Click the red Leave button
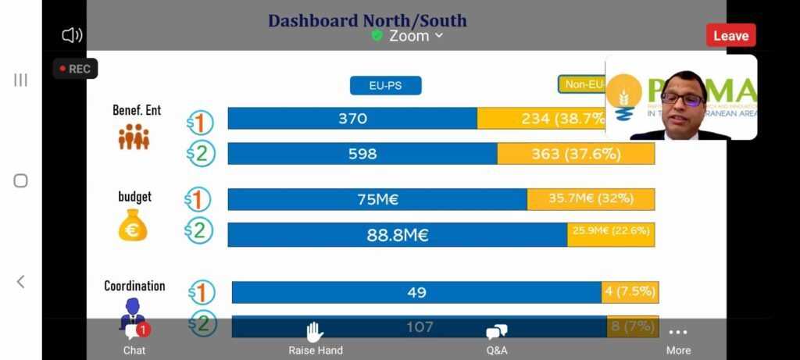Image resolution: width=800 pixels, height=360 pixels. tap(730, 35)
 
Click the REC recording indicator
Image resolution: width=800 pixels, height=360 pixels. tap(75, 69)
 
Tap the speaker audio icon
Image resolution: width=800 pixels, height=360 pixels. tap(72, 35)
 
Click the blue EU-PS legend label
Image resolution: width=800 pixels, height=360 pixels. tap(385, 85)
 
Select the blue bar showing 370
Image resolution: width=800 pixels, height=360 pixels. tap(352, 119)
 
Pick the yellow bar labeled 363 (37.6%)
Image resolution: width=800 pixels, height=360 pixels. tap(576, 154)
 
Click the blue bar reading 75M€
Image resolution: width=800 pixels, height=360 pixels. tap(377, 199)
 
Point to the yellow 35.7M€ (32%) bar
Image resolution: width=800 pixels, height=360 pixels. tap(590, 199)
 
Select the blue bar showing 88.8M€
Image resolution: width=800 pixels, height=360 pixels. tap(397, 234)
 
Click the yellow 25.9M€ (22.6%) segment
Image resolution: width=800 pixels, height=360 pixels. tap(611, 234)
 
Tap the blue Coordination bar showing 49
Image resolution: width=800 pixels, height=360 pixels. tap(416, 292)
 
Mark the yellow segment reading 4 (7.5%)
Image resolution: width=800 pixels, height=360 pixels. tap(630, 292)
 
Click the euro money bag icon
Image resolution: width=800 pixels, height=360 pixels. tap(133, 226)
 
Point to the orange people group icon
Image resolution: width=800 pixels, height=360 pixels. tap(134, 137)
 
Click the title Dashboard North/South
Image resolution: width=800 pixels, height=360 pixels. tap(367, 20)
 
